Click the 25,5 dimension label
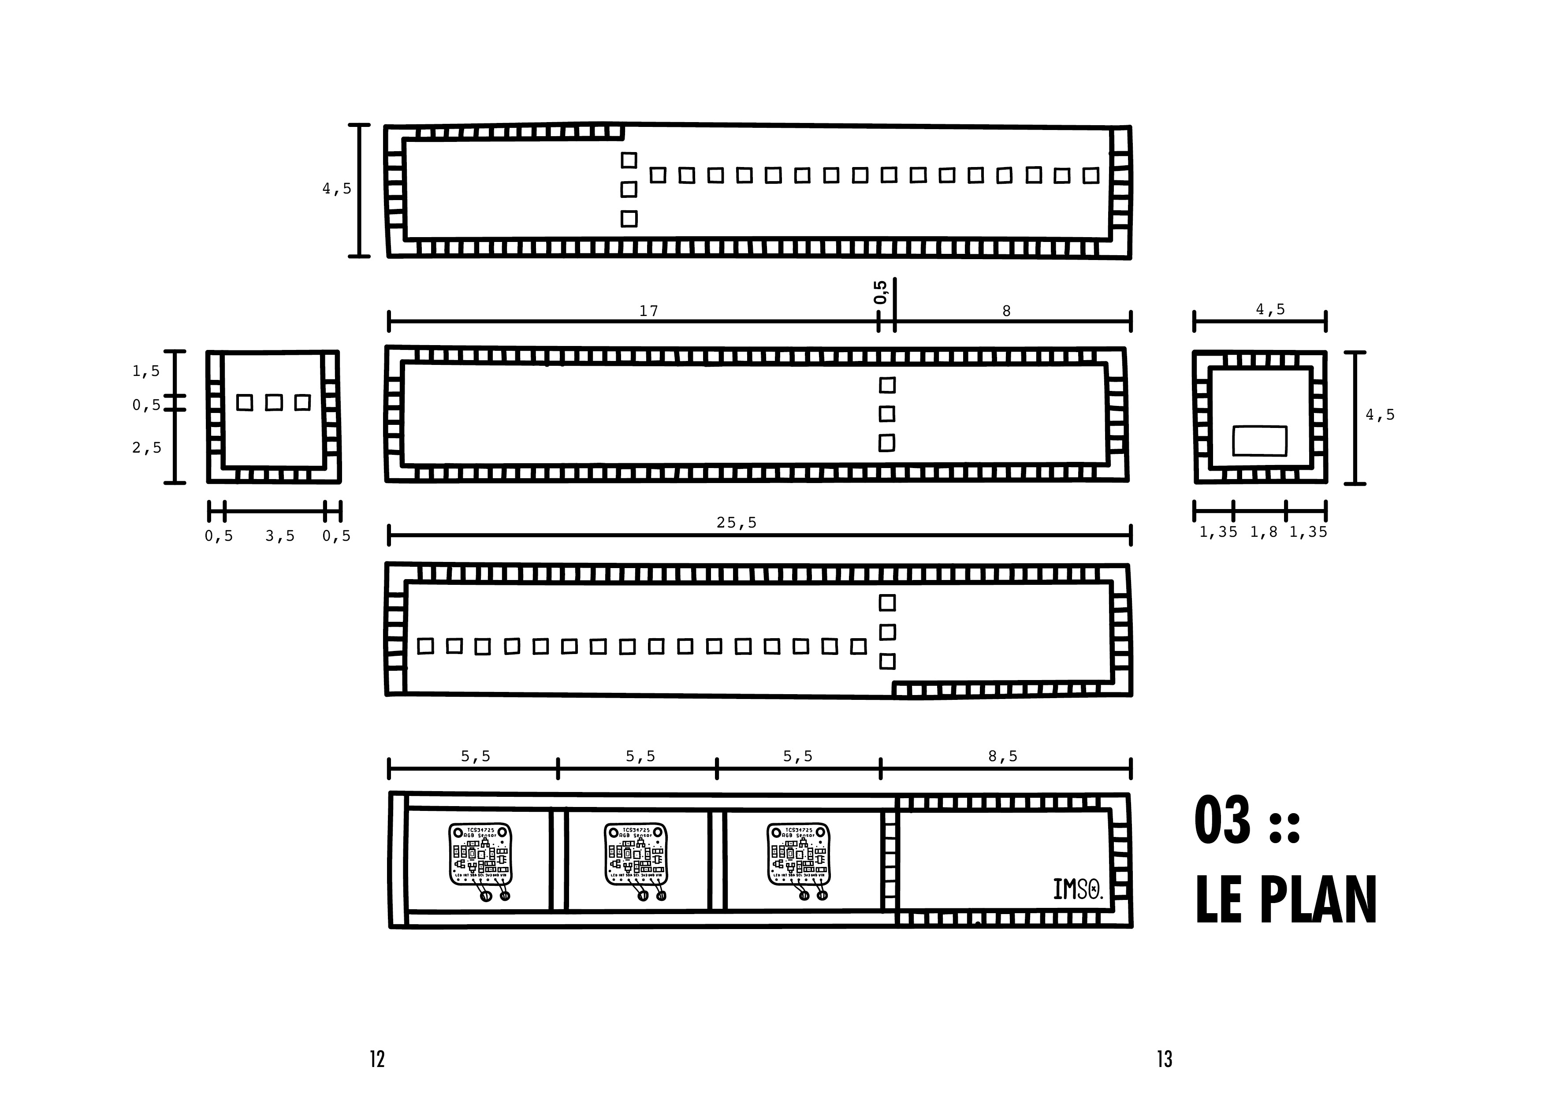point(736,523)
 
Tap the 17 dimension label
point(648,311)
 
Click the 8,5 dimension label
point(1003,756)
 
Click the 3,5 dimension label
point(280,536)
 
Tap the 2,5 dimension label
point(147,448)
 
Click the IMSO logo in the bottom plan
point(1077,890)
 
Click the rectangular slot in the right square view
point(1259,441)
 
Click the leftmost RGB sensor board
point(480,855)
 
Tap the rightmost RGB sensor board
point(799,855)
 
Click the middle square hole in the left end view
point(273,402)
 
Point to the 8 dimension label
point(1006,311)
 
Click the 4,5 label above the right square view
point(1270,309)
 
